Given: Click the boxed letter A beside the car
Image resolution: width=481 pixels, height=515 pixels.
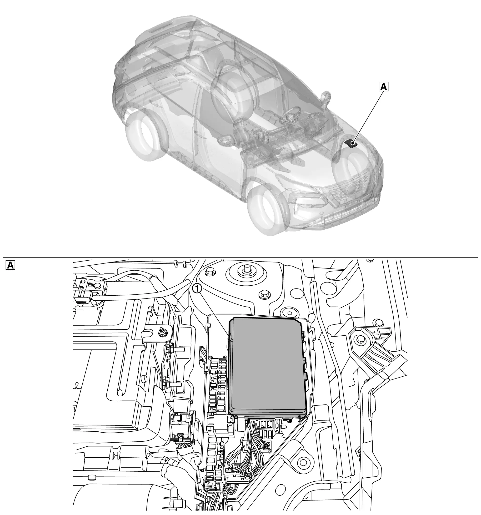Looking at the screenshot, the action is pyautogui.click(x=384, y=86).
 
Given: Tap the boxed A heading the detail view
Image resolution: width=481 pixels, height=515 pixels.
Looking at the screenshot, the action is pyautogui.click(x=10, y=265).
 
